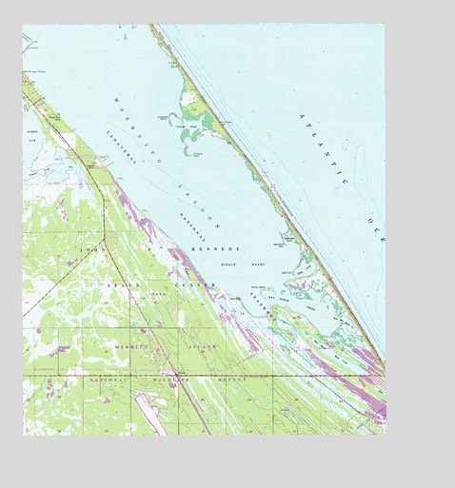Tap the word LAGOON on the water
click(202, 208)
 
